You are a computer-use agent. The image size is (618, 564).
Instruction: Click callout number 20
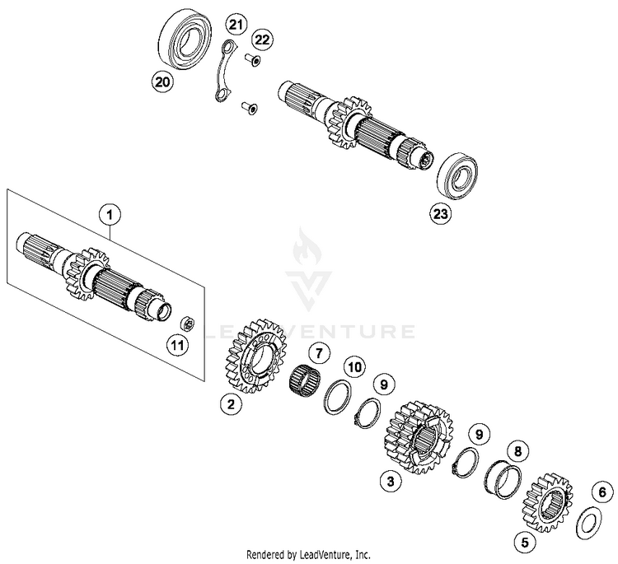tap(162, 81)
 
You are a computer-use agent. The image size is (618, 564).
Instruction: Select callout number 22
tap(262, 40)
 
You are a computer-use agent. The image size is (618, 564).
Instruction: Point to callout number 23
tap(441, 214)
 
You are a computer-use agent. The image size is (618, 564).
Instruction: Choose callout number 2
tap(232, 403)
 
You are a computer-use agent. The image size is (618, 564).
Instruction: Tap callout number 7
tap(318, 352)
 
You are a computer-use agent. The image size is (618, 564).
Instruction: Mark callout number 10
tap(353, 365)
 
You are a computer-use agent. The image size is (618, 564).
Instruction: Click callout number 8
tap(517, 451)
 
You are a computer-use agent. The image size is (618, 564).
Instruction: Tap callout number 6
tap(602, 492)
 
